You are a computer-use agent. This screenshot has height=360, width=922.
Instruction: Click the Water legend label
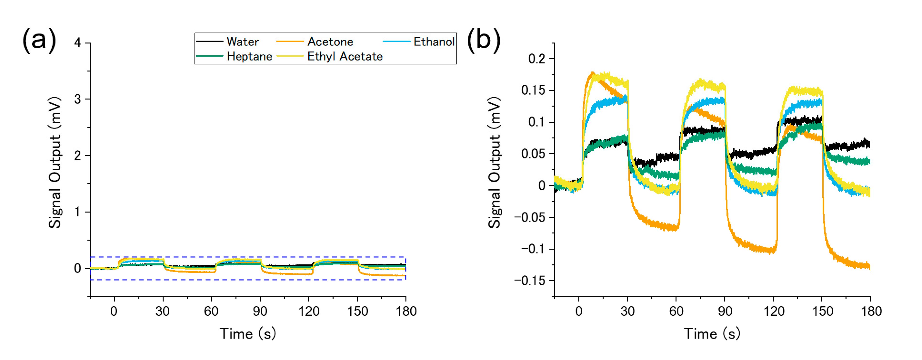243,42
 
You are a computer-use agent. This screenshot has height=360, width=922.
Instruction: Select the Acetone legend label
330,42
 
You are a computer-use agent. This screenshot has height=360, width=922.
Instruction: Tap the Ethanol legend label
434,42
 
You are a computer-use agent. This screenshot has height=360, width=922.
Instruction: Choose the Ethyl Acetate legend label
345,57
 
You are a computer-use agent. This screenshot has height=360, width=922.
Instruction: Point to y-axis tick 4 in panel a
78,43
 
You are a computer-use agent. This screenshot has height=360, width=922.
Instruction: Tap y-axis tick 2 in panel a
78,156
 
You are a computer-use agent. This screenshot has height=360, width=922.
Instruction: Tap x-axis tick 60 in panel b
676,311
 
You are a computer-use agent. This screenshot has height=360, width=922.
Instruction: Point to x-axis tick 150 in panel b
822,311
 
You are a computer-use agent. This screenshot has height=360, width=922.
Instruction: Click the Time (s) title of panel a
248,334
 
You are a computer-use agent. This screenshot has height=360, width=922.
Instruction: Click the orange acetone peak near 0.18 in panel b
593,74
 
